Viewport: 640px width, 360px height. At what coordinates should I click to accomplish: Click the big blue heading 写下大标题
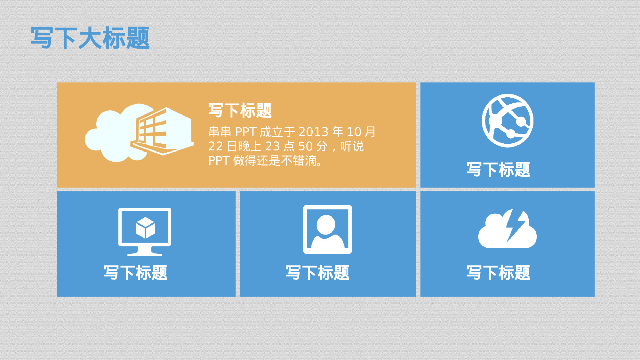click(x=90, y=38)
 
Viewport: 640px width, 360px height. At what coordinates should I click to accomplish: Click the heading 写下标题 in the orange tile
click(x=240, y=110)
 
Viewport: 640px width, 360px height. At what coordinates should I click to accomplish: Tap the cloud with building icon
click(x=139, y=133)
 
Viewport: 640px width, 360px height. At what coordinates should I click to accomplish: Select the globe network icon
click(x=508, y=121)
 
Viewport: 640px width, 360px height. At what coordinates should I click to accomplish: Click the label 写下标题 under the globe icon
click(x=498, y=169)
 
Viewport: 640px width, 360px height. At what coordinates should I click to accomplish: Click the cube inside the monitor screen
click(x=145, y=228)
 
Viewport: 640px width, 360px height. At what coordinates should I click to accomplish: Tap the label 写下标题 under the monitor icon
click(x=135, y=273)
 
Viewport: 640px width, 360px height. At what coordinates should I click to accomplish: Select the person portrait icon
click(x=328, y=229)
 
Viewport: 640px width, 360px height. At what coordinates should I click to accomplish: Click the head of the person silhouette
click(x=326, y=224)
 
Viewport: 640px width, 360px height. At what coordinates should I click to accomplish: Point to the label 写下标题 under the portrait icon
click(x=317, y=273)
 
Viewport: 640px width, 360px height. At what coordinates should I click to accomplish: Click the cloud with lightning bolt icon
click(x=507, y=229)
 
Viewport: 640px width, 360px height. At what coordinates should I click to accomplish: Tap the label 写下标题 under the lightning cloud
click(x=498, y=273)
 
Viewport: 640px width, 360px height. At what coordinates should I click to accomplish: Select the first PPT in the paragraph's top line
click(x=246, y=132)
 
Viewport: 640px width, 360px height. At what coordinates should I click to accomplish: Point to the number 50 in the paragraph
click(x=305, y=146)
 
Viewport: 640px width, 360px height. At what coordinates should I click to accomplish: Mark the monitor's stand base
click(x=145, y=253)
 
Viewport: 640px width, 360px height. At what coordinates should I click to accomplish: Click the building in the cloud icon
click(x=162, y=131)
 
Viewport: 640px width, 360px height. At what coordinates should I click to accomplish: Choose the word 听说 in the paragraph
click(x=352, y=146)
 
